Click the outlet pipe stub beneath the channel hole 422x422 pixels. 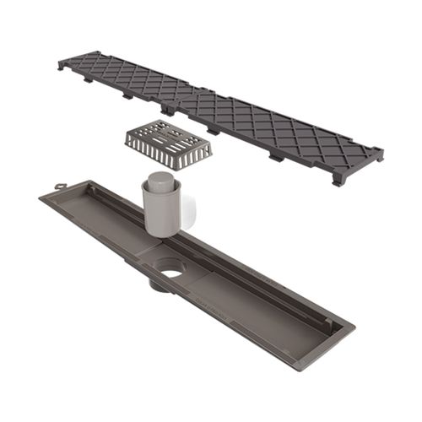[160, 284]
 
